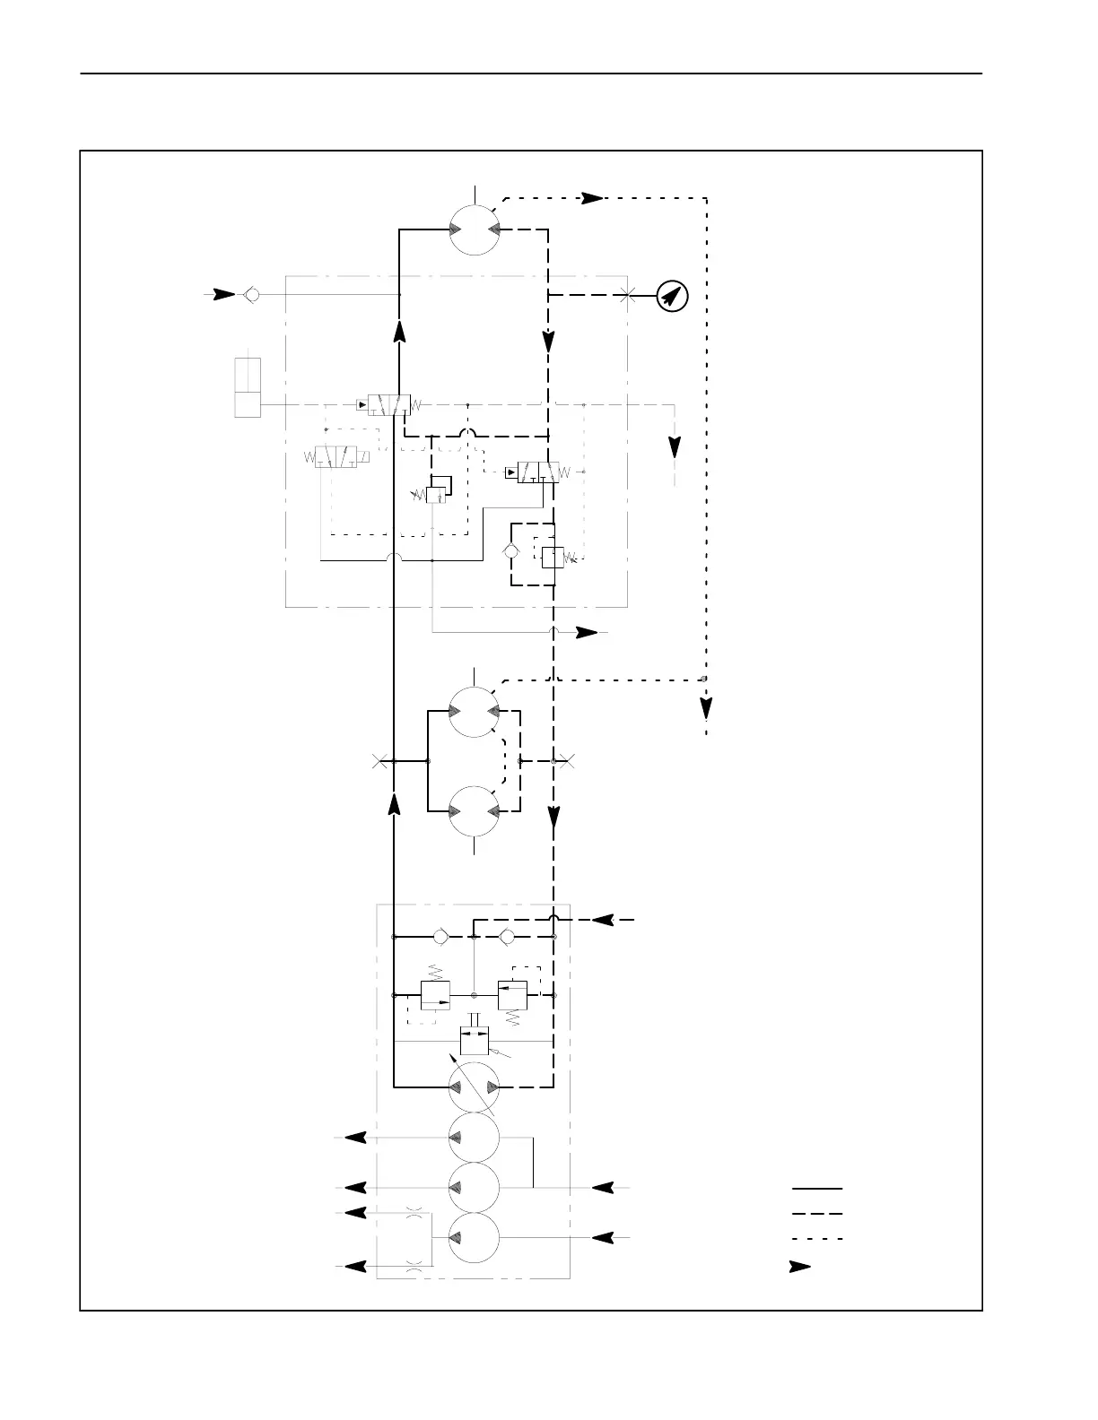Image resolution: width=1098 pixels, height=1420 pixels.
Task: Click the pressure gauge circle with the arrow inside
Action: (x=672, y=295)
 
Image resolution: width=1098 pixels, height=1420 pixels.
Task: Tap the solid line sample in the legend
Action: (x=816, y=1188)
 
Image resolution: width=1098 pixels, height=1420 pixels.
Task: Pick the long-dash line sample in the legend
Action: (x=816, y=1213)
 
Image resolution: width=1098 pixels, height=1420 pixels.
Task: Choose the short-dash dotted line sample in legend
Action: (x=816, y=1239)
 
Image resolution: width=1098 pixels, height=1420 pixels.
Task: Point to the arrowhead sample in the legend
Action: (x=799, y=1267)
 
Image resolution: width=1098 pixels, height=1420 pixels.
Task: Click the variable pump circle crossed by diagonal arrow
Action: (x=474, y=1087)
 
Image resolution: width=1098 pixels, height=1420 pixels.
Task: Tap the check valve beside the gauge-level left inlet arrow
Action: (x=252, y=294)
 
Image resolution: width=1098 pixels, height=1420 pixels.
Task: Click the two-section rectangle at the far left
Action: (x=248, y=387)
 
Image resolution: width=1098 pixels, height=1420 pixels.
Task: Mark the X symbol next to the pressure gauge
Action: (x=627, y=294)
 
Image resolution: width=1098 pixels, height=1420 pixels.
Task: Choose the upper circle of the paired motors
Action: (x=474, y=712)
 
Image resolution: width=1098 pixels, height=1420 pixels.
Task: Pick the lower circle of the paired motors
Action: (x=474, y=811)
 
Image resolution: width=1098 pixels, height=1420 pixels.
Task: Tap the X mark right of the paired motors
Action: (x=568, y=762)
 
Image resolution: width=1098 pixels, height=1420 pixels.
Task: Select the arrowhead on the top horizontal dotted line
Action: (x=592, y=198)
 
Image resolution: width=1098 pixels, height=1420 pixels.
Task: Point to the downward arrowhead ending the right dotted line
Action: (x=707, y=708)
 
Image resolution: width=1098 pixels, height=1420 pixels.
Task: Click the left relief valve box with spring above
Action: (x=435, y=995)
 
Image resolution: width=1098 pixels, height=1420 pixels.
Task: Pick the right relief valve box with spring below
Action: (x=512, y=995)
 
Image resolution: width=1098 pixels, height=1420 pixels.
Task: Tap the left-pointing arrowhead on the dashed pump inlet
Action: (x=602, y=920)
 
